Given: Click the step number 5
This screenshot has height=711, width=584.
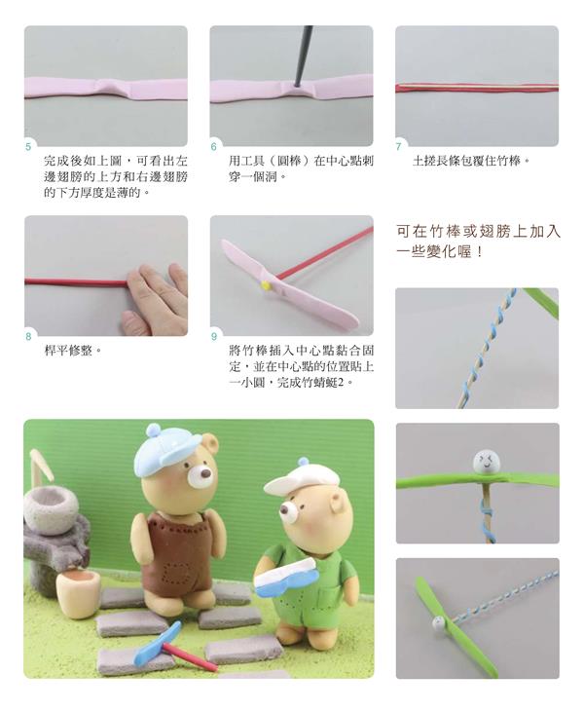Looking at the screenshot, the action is (28, 146).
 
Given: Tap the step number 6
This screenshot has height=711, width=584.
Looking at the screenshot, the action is (214, 146).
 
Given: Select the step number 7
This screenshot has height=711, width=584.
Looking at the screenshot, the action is (399, 146).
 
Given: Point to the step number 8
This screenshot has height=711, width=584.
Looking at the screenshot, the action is (28, 336).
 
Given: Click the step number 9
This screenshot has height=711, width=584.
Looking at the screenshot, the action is (214, 336).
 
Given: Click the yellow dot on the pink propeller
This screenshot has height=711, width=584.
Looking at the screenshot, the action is (265, 285).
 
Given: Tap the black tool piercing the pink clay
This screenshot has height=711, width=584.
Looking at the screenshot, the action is (304, 56).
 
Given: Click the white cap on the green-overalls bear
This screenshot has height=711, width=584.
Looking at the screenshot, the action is (298, 481).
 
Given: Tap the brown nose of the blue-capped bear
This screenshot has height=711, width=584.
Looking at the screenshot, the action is (206, 474).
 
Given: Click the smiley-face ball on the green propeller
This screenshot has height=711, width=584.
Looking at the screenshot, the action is (487, 462).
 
